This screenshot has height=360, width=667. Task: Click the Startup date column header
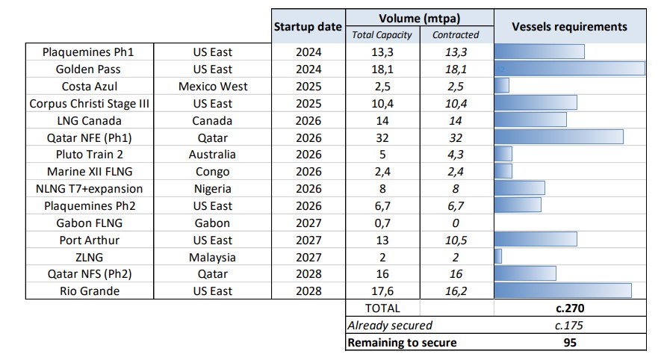coord(308,27)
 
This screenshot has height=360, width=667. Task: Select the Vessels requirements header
coord(570,27)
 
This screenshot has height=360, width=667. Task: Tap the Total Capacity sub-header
coord(382,35)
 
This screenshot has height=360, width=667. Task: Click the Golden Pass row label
coord(88,69)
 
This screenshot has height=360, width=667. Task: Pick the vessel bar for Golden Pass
coord(570,69)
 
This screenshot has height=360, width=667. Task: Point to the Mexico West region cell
coord(213,87)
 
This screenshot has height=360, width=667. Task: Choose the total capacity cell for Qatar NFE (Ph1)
coord(382,138)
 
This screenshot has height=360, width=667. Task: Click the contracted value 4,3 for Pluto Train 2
coord(456,155)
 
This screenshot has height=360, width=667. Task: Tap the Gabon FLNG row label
coord(90,223)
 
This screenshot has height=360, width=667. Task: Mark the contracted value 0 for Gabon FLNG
coord(456,223)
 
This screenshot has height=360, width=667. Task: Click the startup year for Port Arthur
coord(308,240)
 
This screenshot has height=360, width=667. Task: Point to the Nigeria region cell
coord(212,189)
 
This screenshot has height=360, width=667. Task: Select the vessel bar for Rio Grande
coord(562,291)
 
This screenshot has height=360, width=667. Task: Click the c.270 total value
coord(570,308)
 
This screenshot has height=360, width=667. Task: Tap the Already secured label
coord(390,326)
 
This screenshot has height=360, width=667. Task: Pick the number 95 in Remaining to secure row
coord(570,343)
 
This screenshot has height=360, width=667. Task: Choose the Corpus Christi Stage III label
coord(90,103)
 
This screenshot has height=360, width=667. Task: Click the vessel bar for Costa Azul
coord(501,86)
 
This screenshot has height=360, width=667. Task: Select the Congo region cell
coord(212,172)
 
